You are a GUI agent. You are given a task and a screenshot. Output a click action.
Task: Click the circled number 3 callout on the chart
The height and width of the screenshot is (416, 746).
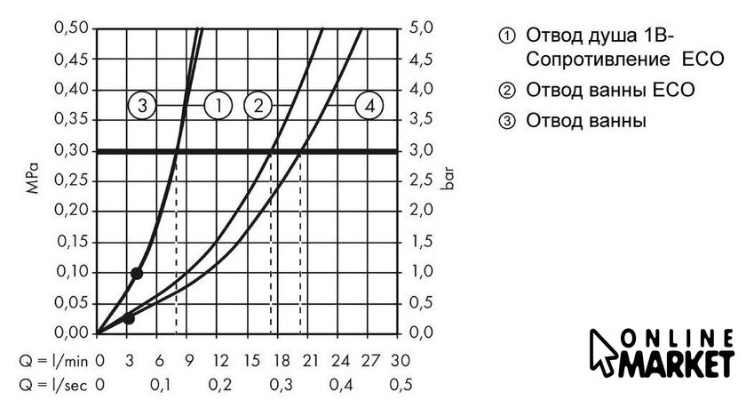[142, 106]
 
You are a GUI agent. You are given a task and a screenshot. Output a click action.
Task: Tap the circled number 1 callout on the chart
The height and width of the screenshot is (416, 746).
[218, 106]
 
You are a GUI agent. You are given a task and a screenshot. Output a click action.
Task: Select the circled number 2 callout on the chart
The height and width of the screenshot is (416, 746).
[258, 106]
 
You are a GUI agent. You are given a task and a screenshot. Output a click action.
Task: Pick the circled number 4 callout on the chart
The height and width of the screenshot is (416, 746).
[369, 106]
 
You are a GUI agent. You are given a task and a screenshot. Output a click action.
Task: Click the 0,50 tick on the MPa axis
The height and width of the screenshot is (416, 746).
[71, 28]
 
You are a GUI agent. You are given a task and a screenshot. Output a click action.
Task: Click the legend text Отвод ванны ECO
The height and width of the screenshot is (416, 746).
[609, 91]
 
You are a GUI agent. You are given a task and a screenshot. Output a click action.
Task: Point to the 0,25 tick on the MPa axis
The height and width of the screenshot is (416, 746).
[71, 180]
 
